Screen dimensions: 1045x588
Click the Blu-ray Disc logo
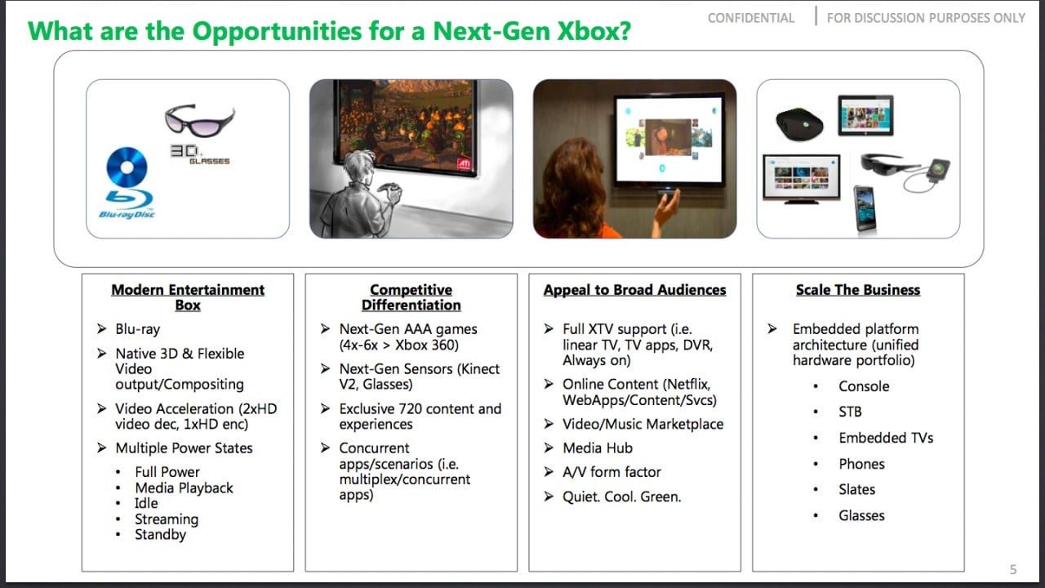(x=127, y=183)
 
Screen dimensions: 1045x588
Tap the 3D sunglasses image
(x=200, y=121)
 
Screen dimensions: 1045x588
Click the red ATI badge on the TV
(x=465, y=164)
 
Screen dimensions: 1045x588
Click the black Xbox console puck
(x=799, y=123)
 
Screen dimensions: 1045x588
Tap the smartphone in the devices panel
(x=865, y=208)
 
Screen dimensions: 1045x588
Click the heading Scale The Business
(x=858, y=290)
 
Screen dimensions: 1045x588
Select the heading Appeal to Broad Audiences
(x=634, y=290)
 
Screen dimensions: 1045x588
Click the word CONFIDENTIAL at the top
(x=750, y=18)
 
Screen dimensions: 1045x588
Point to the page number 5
(x=1013, y=569)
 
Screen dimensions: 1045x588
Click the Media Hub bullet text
(x=598, y=448)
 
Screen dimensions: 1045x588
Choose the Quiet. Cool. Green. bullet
(x=621, y=497)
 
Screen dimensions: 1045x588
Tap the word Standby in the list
(x=161, y=534)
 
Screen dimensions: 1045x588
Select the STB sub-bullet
(x=850, y=412)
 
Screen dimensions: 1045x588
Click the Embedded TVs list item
(x=886, y=438)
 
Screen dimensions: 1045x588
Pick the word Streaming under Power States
(x=167, y=519)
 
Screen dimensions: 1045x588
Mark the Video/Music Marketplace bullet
(x=643, y=424)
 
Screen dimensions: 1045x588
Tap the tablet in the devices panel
(x=865, y=115)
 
